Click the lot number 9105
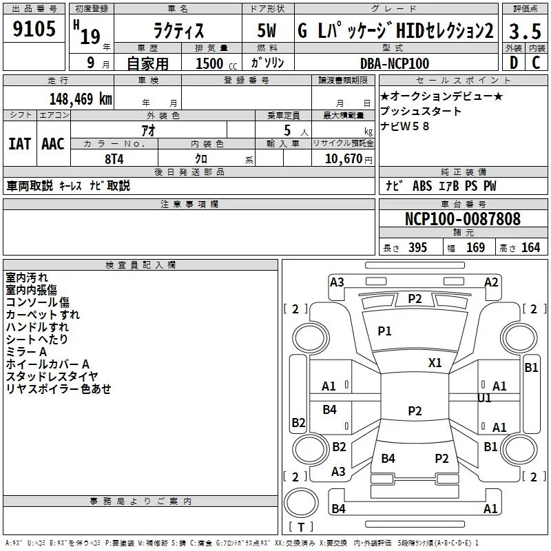34,29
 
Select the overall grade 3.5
525,31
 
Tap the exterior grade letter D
514,63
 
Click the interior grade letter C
536,63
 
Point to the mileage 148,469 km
81,99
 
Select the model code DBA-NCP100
395,63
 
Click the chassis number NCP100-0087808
463,218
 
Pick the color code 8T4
114,159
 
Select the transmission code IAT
20,144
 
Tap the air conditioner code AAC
53,144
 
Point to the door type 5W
267,30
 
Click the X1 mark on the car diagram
435,363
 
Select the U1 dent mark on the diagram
484,398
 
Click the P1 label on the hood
384,331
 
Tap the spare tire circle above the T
301,503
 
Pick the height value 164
530,247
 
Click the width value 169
475,247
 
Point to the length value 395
417,247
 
